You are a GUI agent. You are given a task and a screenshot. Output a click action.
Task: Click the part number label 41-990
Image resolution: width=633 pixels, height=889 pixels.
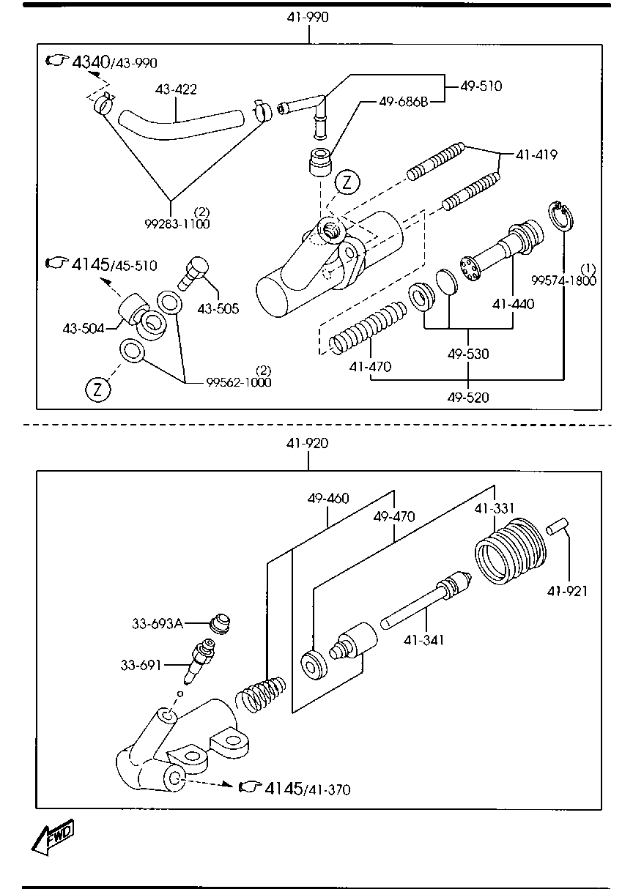point(308,18)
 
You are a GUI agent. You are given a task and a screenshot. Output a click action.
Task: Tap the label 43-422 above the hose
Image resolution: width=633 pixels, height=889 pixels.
point(176,89)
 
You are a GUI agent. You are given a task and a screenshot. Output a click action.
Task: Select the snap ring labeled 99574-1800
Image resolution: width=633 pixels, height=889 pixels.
point(560,217)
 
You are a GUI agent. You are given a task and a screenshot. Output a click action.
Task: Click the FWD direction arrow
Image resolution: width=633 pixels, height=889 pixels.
point(53,838)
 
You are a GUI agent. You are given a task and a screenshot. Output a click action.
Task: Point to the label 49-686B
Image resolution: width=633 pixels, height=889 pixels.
point(404,102)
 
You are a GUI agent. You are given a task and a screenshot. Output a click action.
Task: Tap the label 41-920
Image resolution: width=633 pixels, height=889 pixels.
point(308,443)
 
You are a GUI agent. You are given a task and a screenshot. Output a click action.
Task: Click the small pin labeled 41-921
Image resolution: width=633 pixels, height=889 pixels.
point(558,527)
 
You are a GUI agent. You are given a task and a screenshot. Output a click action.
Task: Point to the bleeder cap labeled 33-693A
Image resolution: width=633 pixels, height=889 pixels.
point(221,625)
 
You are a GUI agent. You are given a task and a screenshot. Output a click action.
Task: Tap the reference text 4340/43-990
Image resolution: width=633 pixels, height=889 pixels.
point(114,62)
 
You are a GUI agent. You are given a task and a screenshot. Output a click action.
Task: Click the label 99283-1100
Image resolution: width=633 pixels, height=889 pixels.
point(177,224)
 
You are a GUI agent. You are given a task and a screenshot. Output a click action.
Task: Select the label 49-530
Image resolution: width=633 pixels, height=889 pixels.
point(468,354)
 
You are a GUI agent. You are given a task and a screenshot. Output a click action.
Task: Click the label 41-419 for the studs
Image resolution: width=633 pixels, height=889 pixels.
point(536,155)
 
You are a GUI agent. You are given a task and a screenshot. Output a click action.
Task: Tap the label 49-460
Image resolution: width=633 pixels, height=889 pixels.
point(328,498)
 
